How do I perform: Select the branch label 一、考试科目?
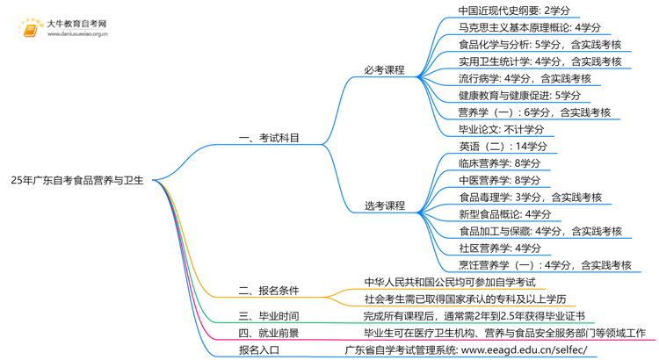point(269,138)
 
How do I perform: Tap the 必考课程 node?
point(384,70)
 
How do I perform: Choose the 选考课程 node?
point(384,205)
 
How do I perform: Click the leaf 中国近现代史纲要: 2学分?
point(514,11)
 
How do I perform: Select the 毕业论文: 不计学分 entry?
point(501,129)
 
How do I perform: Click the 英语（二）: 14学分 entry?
point(502,146)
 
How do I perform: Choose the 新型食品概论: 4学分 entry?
point(504,214)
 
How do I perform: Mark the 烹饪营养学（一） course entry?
point(545,264)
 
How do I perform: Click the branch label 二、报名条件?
point(269,290)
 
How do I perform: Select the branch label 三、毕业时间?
point(269,316)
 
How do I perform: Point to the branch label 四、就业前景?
point(269,333)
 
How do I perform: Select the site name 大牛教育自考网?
point(76,24)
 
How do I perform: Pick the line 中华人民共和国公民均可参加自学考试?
point(449,282)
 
